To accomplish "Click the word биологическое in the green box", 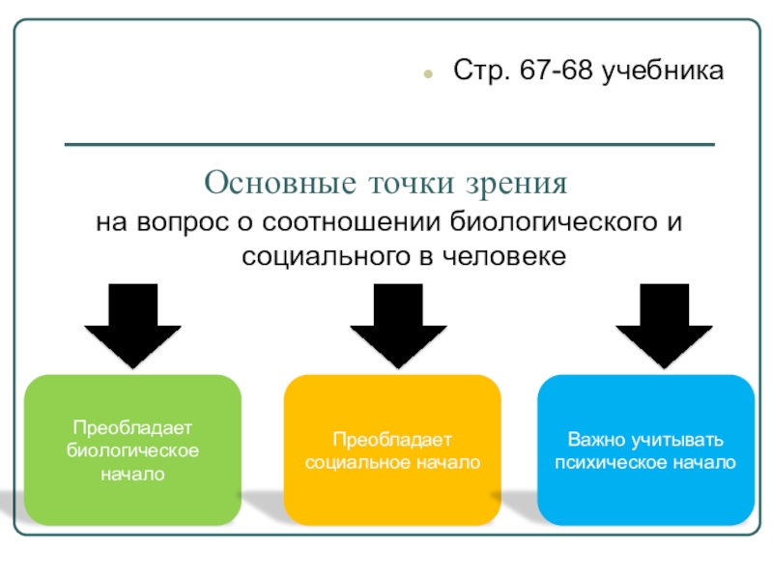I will pyautogui.click(x=132, y=450).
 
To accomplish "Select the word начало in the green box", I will pyautogui.click(x=132, y=474).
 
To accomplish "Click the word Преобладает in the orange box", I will pyautogui.click(x=392, y=440).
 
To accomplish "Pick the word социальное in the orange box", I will pyautogui.click(x=354, y=463).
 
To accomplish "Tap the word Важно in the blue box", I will pyautogui.click(x=594, y=440).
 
